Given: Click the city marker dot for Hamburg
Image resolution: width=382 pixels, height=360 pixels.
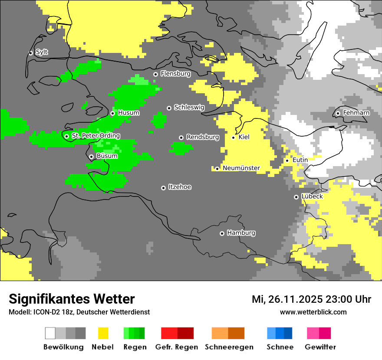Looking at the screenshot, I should point(222,233).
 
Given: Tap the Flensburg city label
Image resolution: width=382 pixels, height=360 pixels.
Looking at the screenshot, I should point(175,74).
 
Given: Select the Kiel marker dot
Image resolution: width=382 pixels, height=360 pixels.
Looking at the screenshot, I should point(233,137).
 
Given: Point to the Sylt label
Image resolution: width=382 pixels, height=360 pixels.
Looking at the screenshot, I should point(42,52).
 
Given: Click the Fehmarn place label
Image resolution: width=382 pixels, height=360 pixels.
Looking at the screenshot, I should point(356,113).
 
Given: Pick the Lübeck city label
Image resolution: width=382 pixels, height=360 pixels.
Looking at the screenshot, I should point(312,196).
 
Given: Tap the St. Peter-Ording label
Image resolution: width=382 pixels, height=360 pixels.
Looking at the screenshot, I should point(95,136).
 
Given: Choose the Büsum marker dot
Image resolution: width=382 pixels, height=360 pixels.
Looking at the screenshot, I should point(91,157).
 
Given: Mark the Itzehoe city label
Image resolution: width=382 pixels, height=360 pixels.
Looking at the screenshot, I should point(180,187).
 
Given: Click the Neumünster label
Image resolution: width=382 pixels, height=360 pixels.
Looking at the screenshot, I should point(241,168).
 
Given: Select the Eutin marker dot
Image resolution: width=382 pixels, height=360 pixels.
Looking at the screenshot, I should point(287,160).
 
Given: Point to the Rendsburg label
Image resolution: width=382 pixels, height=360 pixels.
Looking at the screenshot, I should point(202,137).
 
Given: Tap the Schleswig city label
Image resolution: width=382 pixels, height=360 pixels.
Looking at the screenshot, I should point(189,107).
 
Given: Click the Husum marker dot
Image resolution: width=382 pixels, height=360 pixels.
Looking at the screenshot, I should point(112,113).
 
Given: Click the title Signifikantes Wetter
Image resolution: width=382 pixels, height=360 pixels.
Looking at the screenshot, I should point(72,299).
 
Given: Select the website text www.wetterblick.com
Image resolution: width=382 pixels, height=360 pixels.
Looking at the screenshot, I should point(313,312).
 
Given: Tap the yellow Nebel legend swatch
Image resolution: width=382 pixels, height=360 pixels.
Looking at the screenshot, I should point(103,333).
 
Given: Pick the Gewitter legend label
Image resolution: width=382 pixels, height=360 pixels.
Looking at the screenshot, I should point(320,347).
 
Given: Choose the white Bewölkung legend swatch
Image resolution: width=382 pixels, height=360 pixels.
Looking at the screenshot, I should point(50,333).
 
